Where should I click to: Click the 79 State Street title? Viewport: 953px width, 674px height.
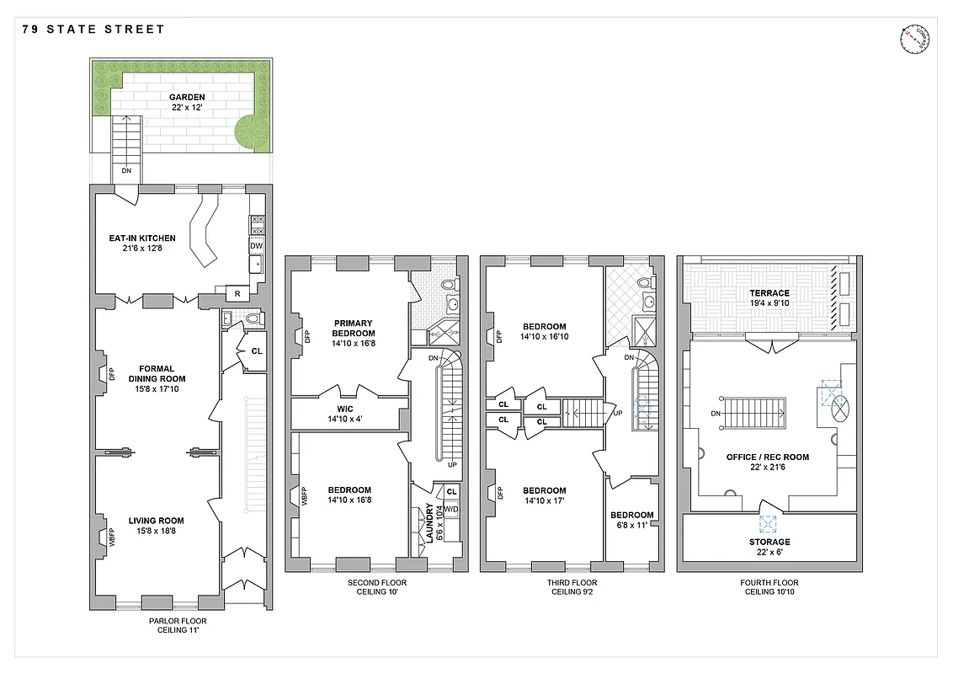coord(93,29)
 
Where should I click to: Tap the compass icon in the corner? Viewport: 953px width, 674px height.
coord(911,39)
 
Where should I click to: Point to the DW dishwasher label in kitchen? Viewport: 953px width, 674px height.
coord(257,246)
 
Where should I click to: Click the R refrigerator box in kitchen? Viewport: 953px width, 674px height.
coord(238,294)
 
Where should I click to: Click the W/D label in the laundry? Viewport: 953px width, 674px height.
coord(451,509)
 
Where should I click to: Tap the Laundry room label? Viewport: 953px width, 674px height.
coord(429,522)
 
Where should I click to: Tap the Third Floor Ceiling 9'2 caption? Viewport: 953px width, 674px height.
coord(572,586)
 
